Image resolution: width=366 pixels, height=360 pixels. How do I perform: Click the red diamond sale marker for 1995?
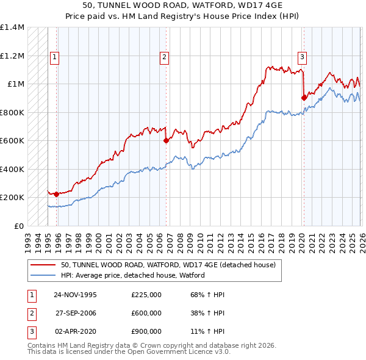(57, 194)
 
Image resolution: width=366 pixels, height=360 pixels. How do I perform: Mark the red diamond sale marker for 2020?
(304, 97)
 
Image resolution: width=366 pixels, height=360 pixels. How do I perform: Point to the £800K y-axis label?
(12, 112)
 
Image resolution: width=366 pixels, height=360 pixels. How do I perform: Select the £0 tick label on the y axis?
(18, 226)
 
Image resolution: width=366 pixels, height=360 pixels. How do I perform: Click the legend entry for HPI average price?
(132, 275)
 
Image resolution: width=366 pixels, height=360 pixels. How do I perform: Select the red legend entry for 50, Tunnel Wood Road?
(168, 265)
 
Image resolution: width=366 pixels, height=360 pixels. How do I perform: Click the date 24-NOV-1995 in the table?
(75, 294)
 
